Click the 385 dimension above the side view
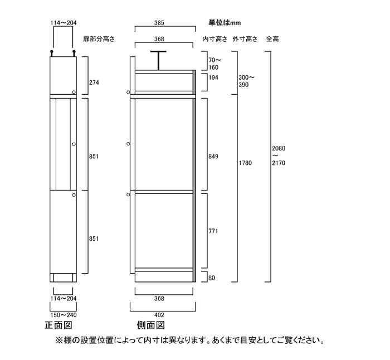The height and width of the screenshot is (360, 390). pos(159,23)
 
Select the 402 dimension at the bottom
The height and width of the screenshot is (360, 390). pos(159,315)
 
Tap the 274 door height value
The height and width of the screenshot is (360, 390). pos(94,82)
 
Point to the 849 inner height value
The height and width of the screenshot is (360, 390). pos(213,157)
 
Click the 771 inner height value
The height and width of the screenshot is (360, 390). pos(213,231)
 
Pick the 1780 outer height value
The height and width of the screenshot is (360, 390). pos(245,163)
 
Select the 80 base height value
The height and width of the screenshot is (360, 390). pos(212,278)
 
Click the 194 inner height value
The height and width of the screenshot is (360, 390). pos(213,77)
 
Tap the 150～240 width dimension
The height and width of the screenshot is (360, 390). pos(64,315)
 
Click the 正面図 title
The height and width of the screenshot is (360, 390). pos(58,325)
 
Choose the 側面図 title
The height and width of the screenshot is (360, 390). pos(151,325)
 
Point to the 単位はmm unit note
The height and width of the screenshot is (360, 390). pos(225,23)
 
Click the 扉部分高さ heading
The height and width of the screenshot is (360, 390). pos(99,39)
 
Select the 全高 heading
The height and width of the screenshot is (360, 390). pos(272,39)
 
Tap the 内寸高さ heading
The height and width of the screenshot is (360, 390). pos(215,39)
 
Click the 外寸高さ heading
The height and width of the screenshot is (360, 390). pos(245,39)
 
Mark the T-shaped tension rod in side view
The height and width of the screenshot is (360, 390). pos(158,60)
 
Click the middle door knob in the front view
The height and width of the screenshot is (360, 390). pos(74,144)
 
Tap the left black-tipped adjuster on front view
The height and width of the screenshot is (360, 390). pos(52,53)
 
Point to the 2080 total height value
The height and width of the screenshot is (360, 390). pos(279,149)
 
